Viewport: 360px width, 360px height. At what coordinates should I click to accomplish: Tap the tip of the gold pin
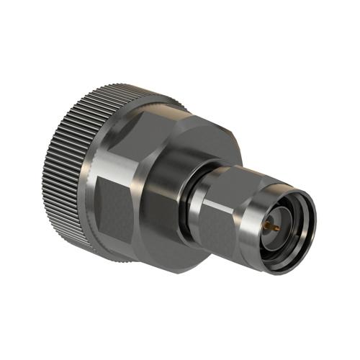pos(267,227)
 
